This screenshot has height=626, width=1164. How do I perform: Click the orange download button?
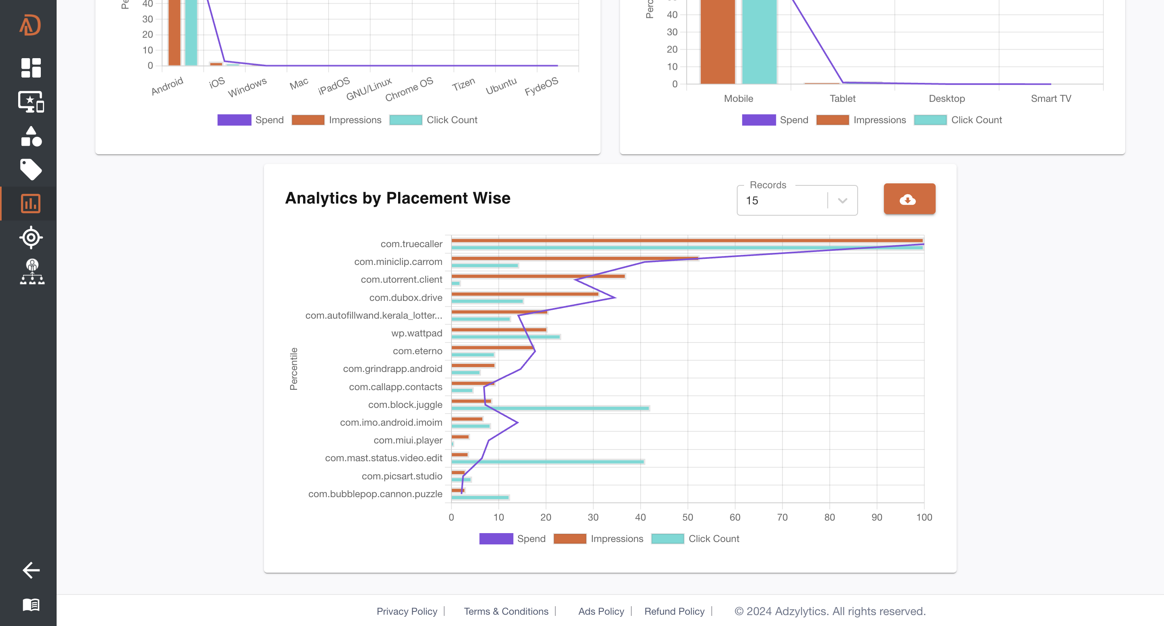click(x=909, y=199)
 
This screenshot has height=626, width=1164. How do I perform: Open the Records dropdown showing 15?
click(x=797, y=201)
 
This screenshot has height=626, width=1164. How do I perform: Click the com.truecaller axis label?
click(x=411, y=244)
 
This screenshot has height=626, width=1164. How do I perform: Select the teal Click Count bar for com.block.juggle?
click(x=550, y=408)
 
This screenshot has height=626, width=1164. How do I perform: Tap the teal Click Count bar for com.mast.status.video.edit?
click(x=547, y=462)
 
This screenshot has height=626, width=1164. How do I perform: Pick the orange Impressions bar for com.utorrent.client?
click(x=538, y=276)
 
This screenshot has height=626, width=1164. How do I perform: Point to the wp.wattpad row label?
click(x=417, y=333)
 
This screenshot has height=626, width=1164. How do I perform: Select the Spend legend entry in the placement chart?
click(x=512, y=538)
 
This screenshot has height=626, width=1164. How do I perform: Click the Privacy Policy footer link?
click(x=407, y=611)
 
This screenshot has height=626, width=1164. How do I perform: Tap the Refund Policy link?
click(x=674, y=611)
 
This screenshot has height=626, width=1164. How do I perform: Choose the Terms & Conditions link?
click(x=506, y=611)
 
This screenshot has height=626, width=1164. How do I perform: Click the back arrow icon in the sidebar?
click(x=31, y=570)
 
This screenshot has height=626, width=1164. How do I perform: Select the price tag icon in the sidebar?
click(x=31, y=169)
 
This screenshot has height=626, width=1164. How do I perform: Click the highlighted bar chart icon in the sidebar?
click(x=31, y=203)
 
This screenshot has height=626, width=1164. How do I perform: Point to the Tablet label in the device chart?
click(x=842, y=99)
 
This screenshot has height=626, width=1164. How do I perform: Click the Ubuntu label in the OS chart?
click(x=501, y=86)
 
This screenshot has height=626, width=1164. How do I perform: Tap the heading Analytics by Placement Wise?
click(x=398, y=198)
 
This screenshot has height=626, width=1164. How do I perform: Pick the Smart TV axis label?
click(x=1050, y=99)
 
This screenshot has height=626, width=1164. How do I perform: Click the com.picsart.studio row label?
click(x=402, y=476)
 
